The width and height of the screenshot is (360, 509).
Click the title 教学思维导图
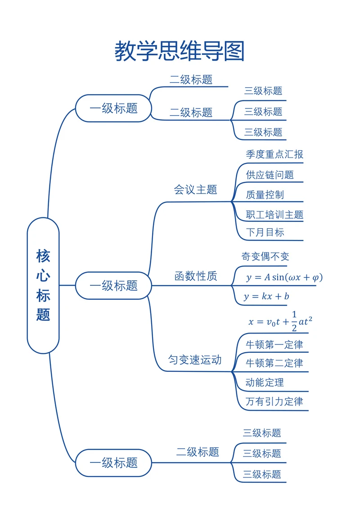tap(180, 51)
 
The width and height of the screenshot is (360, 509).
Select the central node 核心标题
tap(43, 285)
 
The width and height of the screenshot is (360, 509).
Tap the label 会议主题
tap(195, 189)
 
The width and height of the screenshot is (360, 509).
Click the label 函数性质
tap(196, 276)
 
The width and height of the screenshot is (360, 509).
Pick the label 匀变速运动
tap(195, 360)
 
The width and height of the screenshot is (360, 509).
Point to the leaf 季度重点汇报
tap(274, 154)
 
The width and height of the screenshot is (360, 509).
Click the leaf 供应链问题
tap(270, 175)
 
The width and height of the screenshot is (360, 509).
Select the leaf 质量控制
tap(265, 195)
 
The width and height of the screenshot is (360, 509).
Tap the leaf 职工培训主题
tap(274, 215)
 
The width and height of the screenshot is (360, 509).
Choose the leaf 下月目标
tap(265, 232)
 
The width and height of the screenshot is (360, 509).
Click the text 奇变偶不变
tap(265, 257)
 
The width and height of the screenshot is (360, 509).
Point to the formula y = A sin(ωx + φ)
tap(284, 277)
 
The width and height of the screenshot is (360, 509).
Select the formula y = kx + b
tap(266, 296)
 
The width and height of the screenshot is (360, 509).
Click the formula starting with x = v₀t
tap(280, 321)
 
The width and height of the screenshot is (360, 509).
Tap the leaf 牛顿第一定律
tap(274, 345)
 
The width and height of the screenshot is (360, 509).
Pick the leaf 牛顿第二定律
tap(274, 363)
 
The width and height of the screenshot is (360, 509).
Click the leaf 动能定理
tap(265, 383)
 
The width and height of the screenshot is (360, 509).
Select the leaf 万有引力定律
tap(274, 401)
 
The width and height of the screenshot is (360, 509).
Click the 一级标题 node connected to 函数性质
tap(113, 285)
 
